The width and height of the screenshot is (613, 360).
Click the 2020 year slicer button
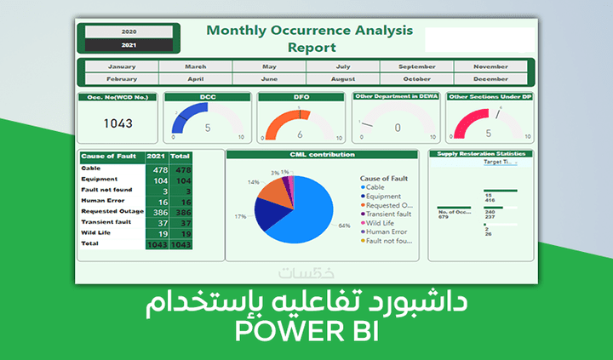[129, 31]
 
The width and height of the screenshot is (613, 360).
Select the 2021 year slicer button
[129, 44]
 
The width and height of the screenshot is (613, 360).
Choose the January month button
[122, 66]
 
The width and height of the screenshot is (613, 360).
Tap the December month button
[491, 78]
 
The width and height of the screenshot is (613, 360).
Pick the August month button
[343, 78]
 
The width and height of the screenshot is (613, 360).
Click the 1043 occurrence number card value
[118, 123]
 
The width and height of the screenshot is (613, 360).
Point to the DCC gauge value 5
[207, 129]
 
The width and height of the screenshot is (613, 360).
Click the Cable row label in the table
[90, 169]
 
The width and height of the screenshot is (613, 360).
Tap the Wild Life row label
[96, 232]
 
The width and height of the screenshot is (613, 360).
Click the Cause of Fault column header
[110, 157]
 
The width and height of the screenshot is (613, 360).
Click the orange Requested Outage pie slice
[274, 191]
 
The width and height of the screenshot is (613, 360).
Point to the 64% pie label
[344, 226]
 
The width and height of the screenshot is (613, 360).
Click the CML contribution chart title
[321, 154]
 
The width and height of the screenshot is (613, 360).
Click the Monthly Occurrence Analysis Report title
[310, 38]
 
